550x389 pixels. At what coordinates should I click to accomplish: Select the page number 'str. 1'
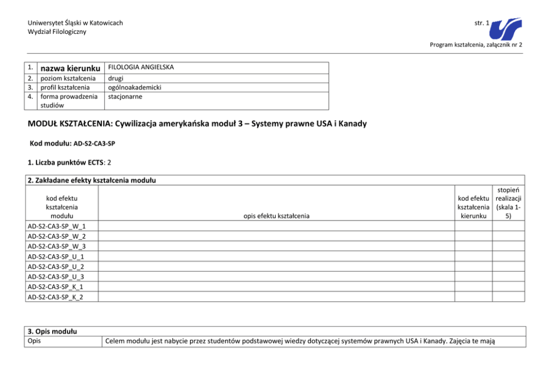coord(482,23)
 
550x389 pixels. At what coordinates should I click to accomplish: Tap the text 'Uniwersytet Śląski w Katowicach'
coord(75,23)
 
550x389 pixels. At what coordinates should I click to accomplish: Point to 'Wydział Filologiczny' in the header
coord(57,32)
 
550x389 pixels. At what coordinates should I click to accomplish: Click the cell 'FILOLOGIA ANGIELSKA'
coord(141,67)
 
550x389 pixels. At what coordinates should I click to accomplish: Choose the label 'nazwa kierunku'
coord(68,68)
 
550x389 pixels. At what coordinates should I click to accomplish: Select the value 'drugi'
coord(116,79)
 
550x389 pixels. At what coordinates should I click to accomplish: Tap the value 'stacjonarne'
coord(125,96)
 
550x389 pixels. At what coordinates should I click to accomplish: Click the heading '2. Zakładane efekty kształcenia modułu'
coord(92,181)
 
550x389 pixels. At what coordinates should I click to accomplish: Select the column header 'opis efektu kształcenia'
coord(277,216)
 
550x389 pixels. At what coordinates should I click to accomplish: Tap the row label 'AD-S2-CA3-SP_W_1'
coord(57,226)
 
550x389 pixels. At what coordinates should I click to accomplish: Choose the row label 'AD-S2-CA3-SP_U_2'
coord(56,267)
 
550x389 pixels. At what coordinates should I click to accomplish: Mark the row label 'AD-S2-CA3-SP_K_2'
coord(56,296)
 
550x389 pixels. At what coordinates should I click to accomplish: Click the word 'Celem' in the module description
coord(115,341)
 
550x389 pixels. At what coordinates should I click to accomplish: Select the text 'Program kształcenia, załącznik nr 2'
coord(476,44)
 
